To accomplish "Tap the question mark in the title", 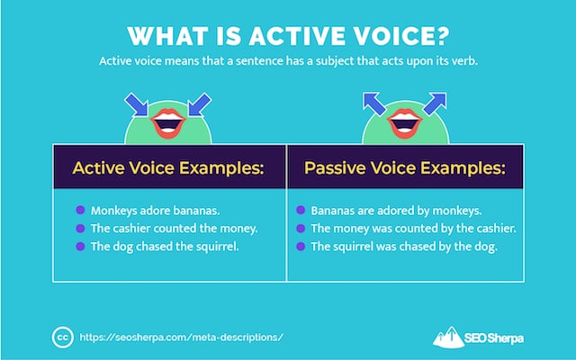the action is coord(439,36).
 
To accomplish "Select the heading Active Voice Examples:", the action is coord(168,168).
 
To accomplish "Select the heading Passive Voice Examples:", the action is coord(405,168).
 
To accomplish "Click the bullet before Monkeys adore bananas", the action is coord(80,210).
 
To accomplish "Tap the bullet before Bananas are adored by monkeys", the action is coord(301,210).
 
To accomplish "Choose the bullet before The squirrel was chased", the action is coord(301,246).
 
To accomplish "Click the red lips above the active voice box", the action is coord(168,123).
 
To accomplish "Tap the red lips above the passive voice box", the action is coord(405,123).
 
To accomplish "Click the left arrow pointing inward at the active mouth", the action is coord(137,104).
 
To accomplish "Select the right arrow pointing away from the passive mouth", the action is coord(435,103).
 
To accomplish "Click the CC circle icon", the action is coord(62,337).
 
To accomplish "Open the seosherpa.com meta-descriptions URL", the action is coord(182,337).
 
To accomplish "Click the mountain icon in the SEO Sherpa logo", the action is coord(448,337).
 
